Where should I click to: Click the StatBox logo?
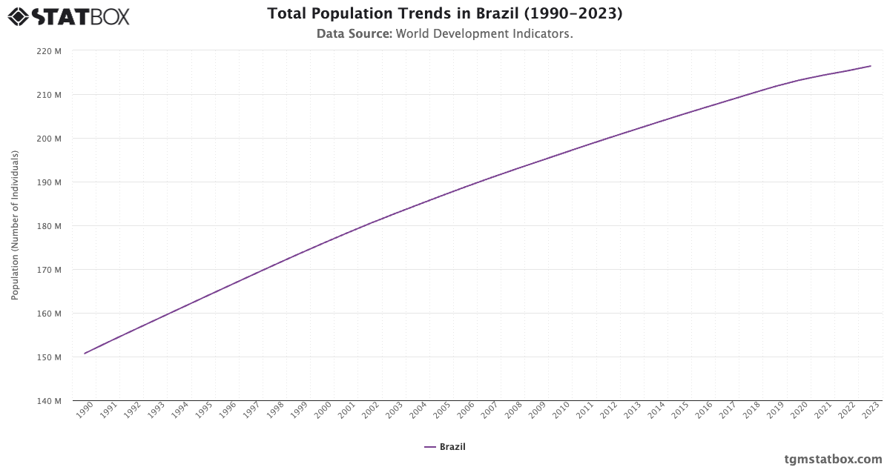coord(69,16)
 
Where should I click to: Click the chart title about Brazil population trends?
coord(445,13)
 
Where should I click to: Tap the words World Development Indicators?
coord(484,34)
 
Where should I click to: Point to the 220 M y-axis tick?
coord(49,51)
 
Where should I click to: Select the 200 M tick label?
coord(49,139)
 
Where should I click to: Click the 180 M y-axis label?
coord(49,226)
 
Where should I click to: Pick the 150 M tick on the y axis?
coord(49,357)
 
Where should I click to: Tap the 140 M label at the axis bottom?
coord(49,401)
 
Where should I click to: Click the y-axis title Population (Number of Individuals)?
coord(15,225)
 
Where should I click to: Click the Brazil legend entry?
coord(445,447)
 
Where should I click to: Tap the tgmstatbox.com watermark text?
coord(833,459)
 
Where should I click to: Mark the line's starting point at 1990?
coord(85,354)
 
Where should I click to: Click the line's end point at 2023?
coord(871,66)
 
